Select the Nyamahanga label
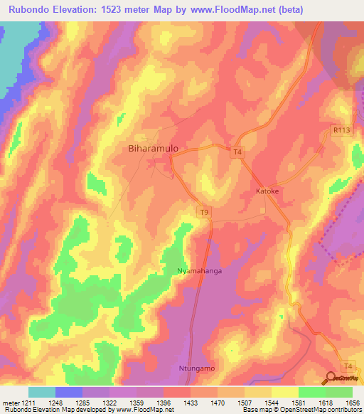point(197,271)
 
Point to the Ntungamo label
point(195,369)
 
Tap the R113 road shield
point(341,130)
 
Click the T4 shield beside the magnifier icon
point(346,366)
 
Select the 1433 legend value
point(190,403)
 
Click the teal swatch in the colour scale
point(42,392)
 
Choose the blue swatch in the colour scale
point(69,392)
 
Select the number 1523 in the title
point(133,9)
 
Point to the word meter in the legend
point(13,403)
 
